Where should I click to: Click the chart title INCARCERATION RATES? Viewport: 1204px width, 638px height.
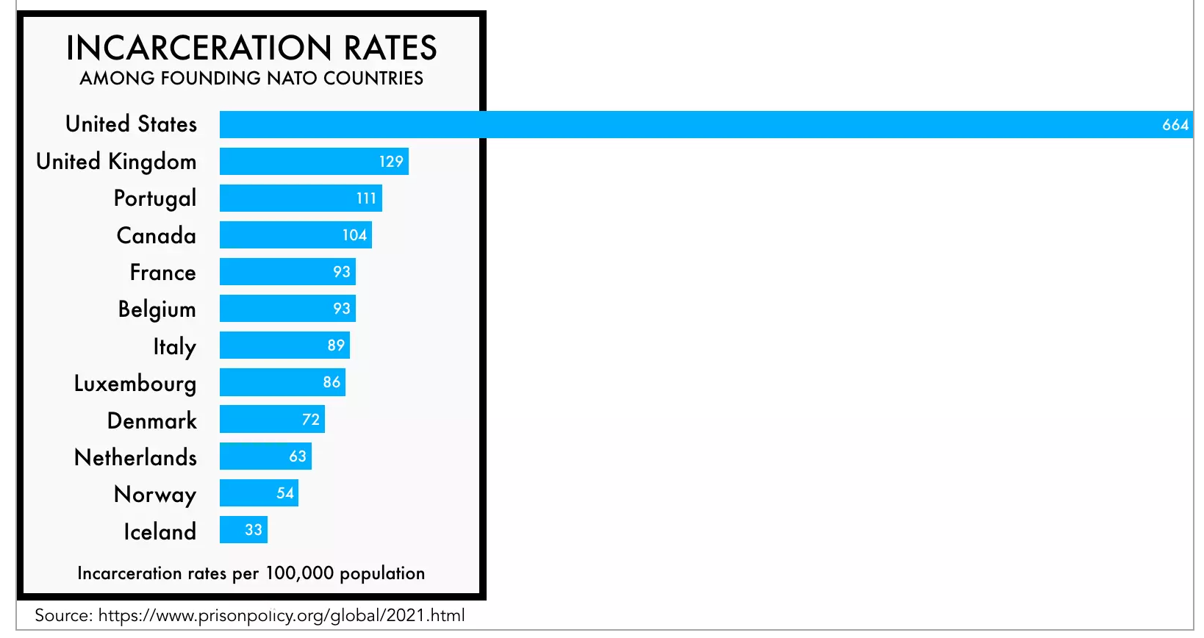[251, 49]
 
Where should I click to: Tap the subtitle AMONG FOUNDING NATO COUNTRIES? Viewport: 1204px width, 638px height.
[251, 78]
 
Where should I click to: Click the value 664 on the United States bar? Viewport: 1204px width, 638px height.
[1175, 125]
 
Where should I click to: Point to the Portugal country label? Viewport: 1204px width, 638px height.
[155, 198]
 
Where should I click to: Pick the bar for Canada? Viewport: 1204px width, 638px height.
[279, 235]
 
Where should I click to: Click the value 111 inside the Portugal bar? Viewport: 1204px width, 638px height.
[366, 198]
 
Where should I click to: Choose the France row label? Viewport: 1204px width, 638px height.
[163, 273]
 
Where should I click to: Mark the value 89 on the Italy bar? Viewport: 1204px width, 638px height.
[336, 345]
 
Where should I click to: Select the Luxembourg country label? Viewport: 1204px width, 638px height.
[135, 384]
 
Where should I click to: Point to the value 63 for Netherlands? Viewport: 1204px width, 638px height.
[298, 456]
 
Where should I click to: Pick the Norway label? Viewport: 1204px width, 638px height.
[155, 495]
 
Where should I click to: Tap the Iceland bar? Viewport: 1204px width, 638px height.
[232, 530]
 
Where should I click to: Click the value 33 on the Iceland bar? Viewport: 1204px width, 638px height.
[254, 530]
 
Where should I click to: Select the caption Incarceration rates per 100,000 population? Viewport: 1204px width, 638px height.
[251, 573]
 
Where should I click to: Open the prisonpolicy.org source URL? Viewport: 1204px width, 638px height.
[282, 615]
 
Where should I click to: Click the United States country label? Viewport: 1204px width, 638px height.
[132, 124]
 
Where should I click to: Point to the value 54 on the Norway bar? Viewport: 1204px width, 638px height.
[285, 493]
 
